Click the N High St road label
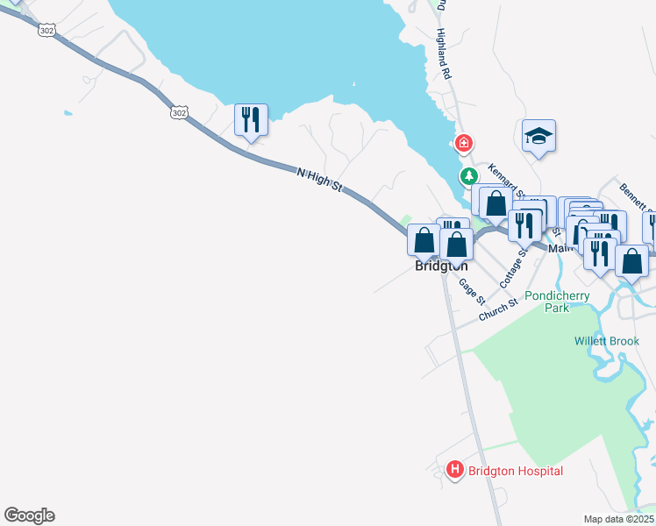319,181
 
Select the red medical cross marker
463,143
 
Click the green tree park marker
470,176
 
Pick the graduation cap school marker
538,136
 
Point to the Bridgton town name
441,266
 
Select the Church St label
497,309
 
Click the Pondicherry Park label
557,302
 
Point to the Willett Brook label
607,341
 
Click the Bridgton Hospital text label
515,471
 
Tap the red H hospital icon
454,471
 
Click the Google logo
29,515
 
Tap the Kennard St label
505,181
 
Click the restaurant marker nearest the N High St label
251,118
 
